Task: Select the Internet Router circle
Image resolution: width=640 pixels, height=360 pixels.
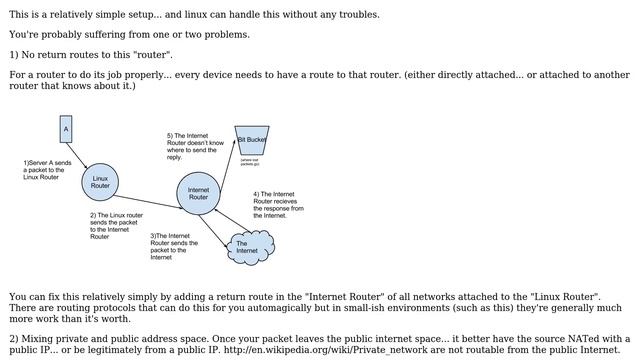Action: tap(198, 194)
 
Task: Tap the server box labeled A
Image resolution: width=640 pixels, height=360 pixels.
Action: tap(66, 129)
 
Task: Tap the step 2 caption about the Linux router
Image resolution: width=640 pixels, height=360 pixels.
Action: tap(116, 225)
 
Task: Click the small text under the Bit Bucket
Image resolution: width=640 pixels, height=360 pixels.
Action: tap(249, 161)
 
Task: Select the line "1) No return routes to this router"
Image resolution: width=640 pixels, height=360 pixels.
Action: tap(91, 54)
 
